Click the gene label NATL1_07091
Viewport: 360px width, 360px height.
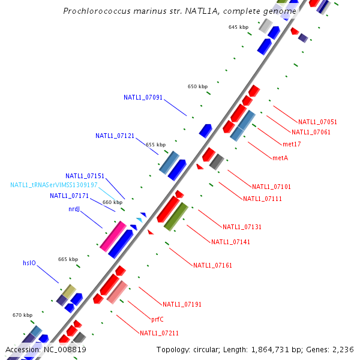[x=143, y=97]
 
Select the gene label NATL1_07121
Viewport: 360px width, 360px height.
[x=115, y=136]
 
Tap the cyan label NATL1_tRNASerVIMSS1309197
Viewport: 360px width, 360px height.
[x=54, y=185]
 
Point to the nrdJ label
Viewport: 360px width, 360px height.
[x=74, y=209]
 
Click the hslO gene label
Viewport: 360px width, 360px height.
[x=29, y=263]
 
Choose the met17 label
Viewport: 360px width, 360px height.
[x=292, y=144]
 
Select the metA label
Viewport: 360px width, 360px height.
[x=280, y=158]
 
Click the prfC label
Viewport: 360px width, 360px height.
[x=157, y=320]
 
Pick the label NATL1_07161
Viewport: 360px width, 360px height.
[x=212, y=265]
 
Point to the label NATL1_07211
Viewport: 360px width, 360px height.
[x=159, y=333]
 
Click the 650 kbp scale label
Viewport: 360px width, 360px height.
[x=197, y=87]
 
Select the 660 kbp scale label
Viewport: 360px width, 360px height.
[x=112, y=202]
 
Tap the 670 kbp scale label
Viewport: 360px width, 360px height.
[x=22, y=315]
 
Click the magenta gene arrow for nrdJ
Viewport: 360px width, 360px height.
[x=113, y=236]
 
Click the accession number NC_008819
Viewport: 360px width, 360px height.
[x=64, y=350]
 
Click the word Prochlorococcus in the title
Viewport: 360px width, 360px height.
[x=95, y=11]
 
